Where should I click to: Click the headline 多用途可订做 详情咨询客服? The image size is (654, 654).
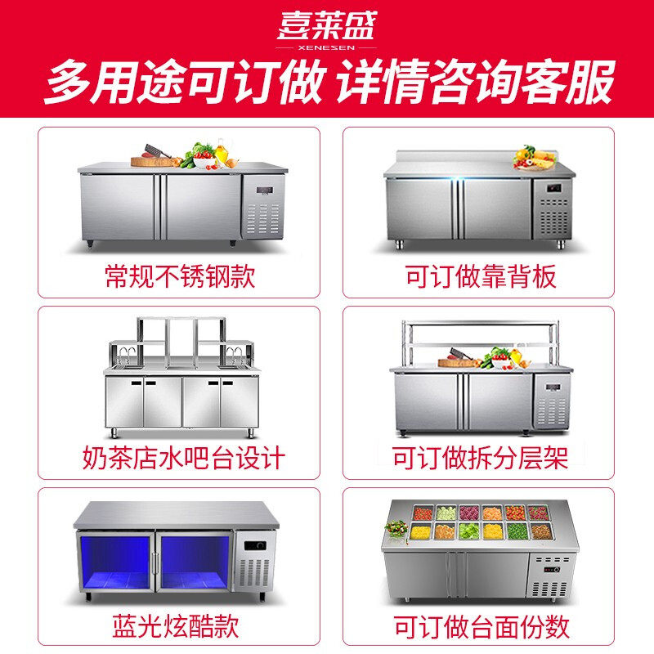coord(327,85)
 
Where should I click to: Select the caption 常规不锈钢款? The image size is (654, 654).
coord(180,275)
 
